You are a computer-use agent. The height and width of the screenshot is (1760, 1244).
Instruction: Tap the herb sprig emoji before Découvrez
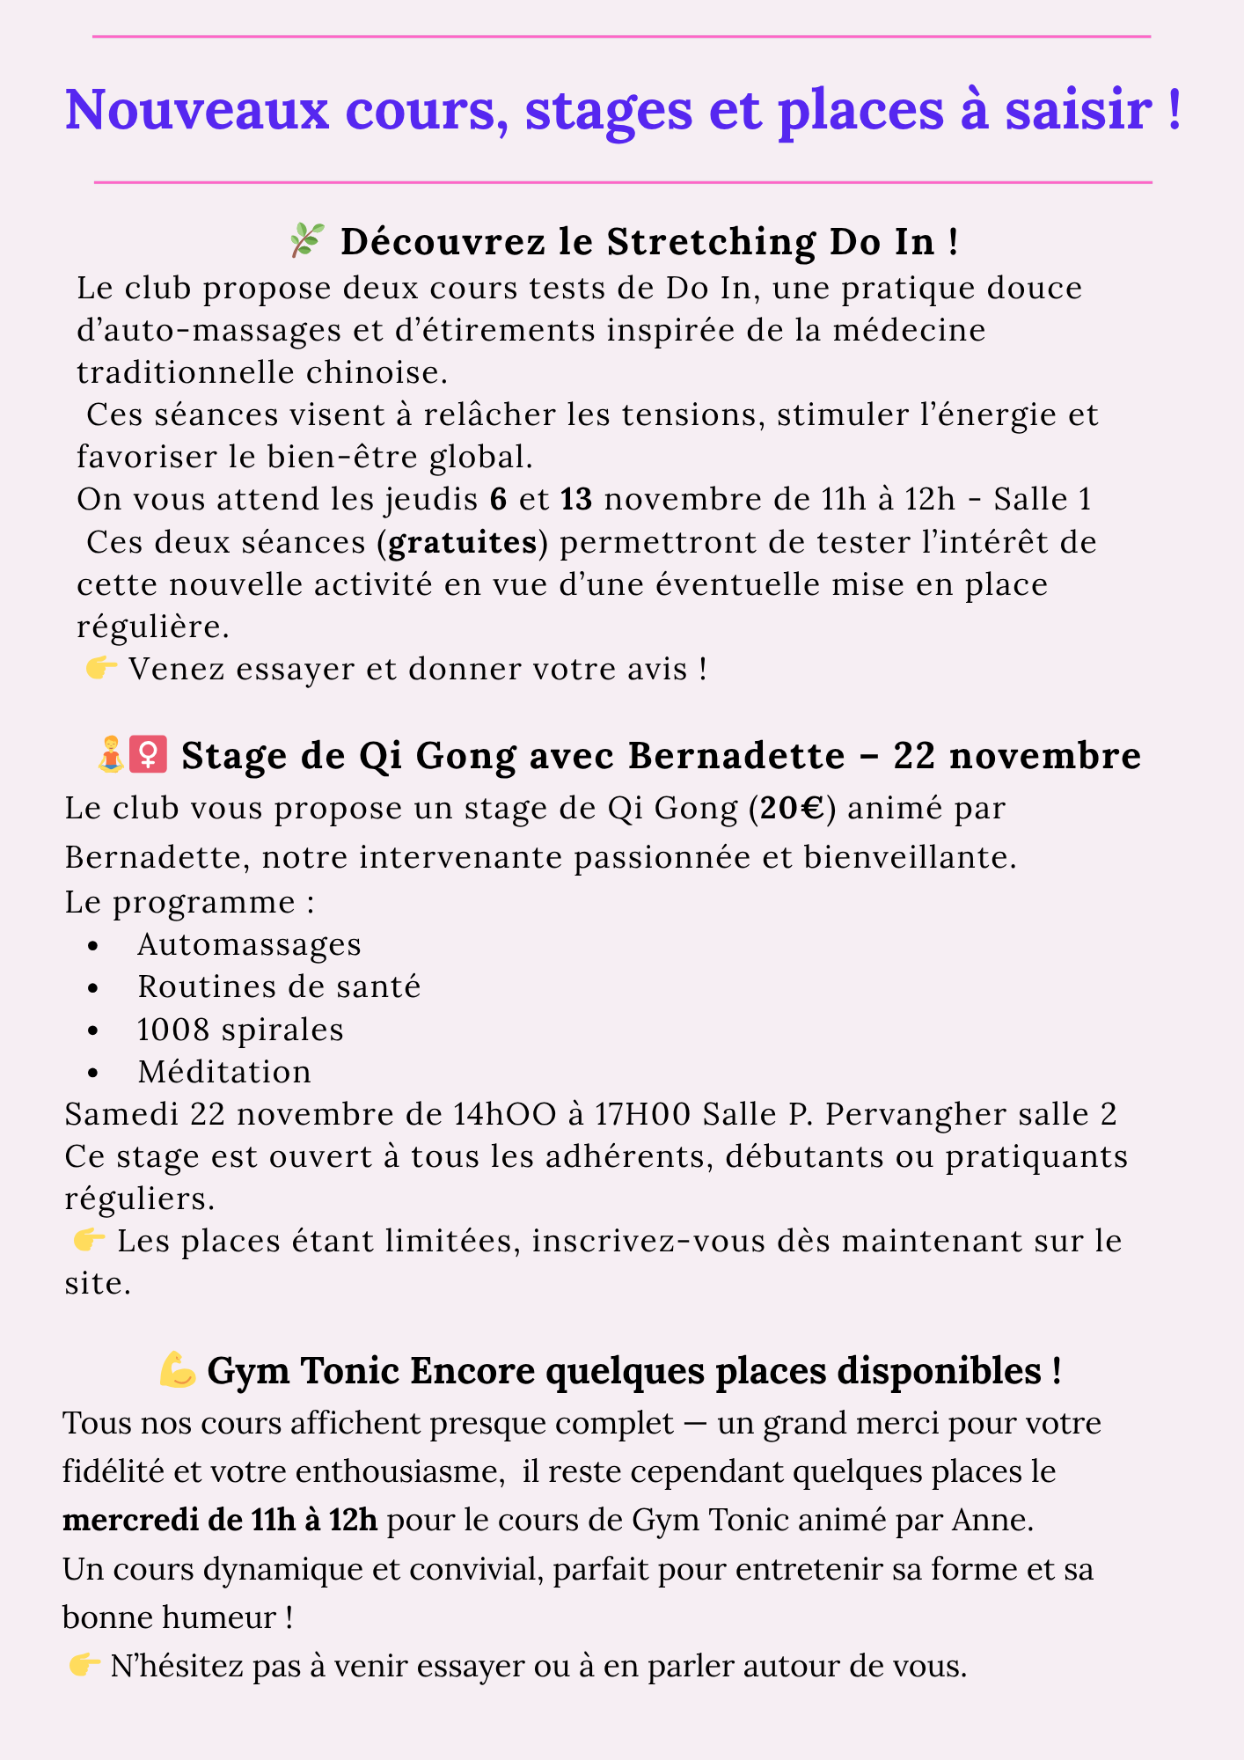pyautogui.click(x=307, y=240)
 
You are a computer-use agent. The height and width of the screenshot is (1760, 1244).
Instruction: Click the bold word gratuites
pyautogui.click(x=463, y=542)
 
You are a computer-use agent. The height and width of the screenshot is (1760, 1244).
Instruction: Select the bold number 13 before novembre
pyautogui.click(x=576, y=499)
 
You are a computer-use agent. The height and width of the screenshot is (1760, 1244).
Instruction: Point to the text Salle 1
pyautogui.click(x=1042, y=499)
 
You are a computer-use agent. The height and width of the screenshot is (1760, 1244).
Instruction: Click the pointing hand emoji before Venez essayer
pyautogui.click(x=102, y=669)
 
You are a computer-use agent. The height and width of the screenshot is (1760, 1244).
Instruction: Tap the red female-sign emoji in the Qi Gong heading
pyautogui.click(x=148, y=756)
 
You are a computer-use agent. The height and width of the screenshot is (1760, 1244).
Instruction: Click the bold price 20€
pyautogui.click(x=792, y=808)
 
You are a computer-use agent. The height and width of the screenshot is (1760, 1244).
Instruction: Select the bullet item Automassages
pyautogui.click(x=249, y=944)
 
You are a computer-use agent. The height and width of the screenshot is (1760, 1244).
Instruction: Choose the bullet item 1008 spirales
pyautogui.click(x=240, y=1029)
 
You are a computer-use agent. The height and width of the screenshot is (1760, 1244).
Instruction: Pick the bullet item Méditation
pyautogui.click(x=224, y=1071)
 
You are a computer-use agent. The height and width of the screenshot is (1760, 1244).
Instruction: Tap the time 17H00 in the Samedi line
pyautogui.click(x=645, y=1114)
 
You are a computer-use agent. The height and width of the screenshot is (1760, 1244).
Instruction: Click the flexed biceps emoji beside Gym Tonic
pyautogui.click(x=178, y=1371)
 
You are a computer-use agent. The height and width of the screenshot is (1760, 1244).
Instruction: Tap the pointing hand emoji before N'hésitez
pyautogui.click(x=84, y=1665)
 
